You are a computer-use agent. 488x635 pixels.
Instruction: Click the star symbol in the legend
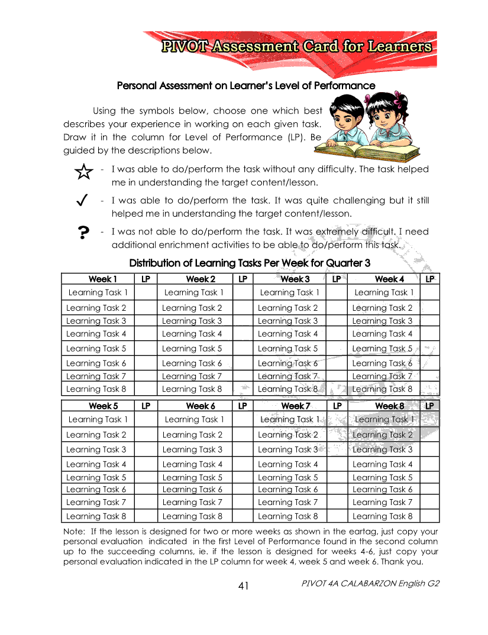coord(84,172)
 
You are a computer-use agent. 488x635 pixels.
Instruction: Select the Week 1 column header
coord(102,279)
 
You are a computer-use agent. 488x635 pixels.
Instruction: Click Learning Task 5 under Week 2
coord(192,349)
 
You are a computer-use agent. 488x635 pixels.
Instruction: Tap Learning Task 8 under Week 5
coord(96,516)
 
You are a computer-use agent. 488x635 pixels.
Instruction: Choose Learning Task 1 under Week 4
coord(384,292)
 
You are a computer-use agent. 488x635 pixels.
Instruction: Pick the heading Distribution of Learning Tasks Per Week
coord(250,263)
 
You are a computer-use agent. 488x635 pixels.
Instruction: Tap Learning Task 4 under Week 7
coord(288,464)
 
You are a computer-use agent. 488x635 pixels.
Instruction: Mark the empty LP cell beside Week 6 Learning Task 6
coord(242,489)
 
